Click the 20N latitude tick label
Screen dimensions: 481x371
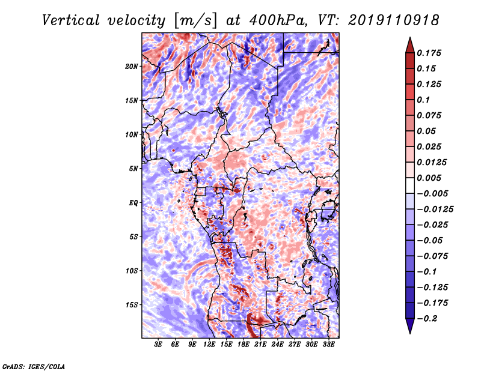(x=132, y=67)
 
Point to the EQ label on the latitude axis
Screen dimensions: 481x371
(x=133, y=203)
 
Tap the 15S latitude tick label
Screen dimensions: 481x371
(x=132, y=305)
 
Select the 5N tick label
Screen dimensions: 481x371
(x=133, y=169)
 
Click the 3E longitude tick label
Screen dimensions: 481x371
(x=158, y=345)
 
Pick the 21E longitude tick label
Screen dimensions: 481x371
(x=260, y=345)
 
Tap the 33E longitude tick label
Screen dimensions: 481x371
(x=328, y=345)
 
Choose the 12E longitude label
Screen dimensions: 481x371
(x=209, y=345)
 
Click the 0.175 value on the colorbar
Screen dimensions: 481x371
(x=429, y=53)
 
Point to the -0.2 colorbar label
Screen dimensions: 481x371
(x=427, y=319)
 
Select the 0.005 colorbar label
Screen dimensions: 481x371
(x=429, y=178)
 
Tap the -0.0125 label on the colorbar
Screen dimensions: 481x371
(x=435, y=210)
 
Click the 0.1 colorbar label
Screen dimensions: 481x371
(x=423, y=100)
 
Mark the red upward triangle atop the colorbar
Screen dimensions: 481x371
(x=410, y=46)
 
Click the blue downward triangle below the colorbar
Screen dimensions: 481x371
(x=410, y=326)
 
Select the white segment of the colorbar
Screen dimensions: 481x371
(x=410, y=185)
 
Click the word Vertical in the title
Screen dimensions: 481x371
(x=71, y=20)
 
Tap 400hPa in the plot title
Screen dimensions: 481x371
(x=278, y=20)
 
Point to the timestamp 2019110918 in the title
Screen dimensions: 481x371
(x=394, y=20)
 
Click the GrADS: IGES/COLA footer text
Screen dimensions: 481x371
(x=34, y=366)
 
